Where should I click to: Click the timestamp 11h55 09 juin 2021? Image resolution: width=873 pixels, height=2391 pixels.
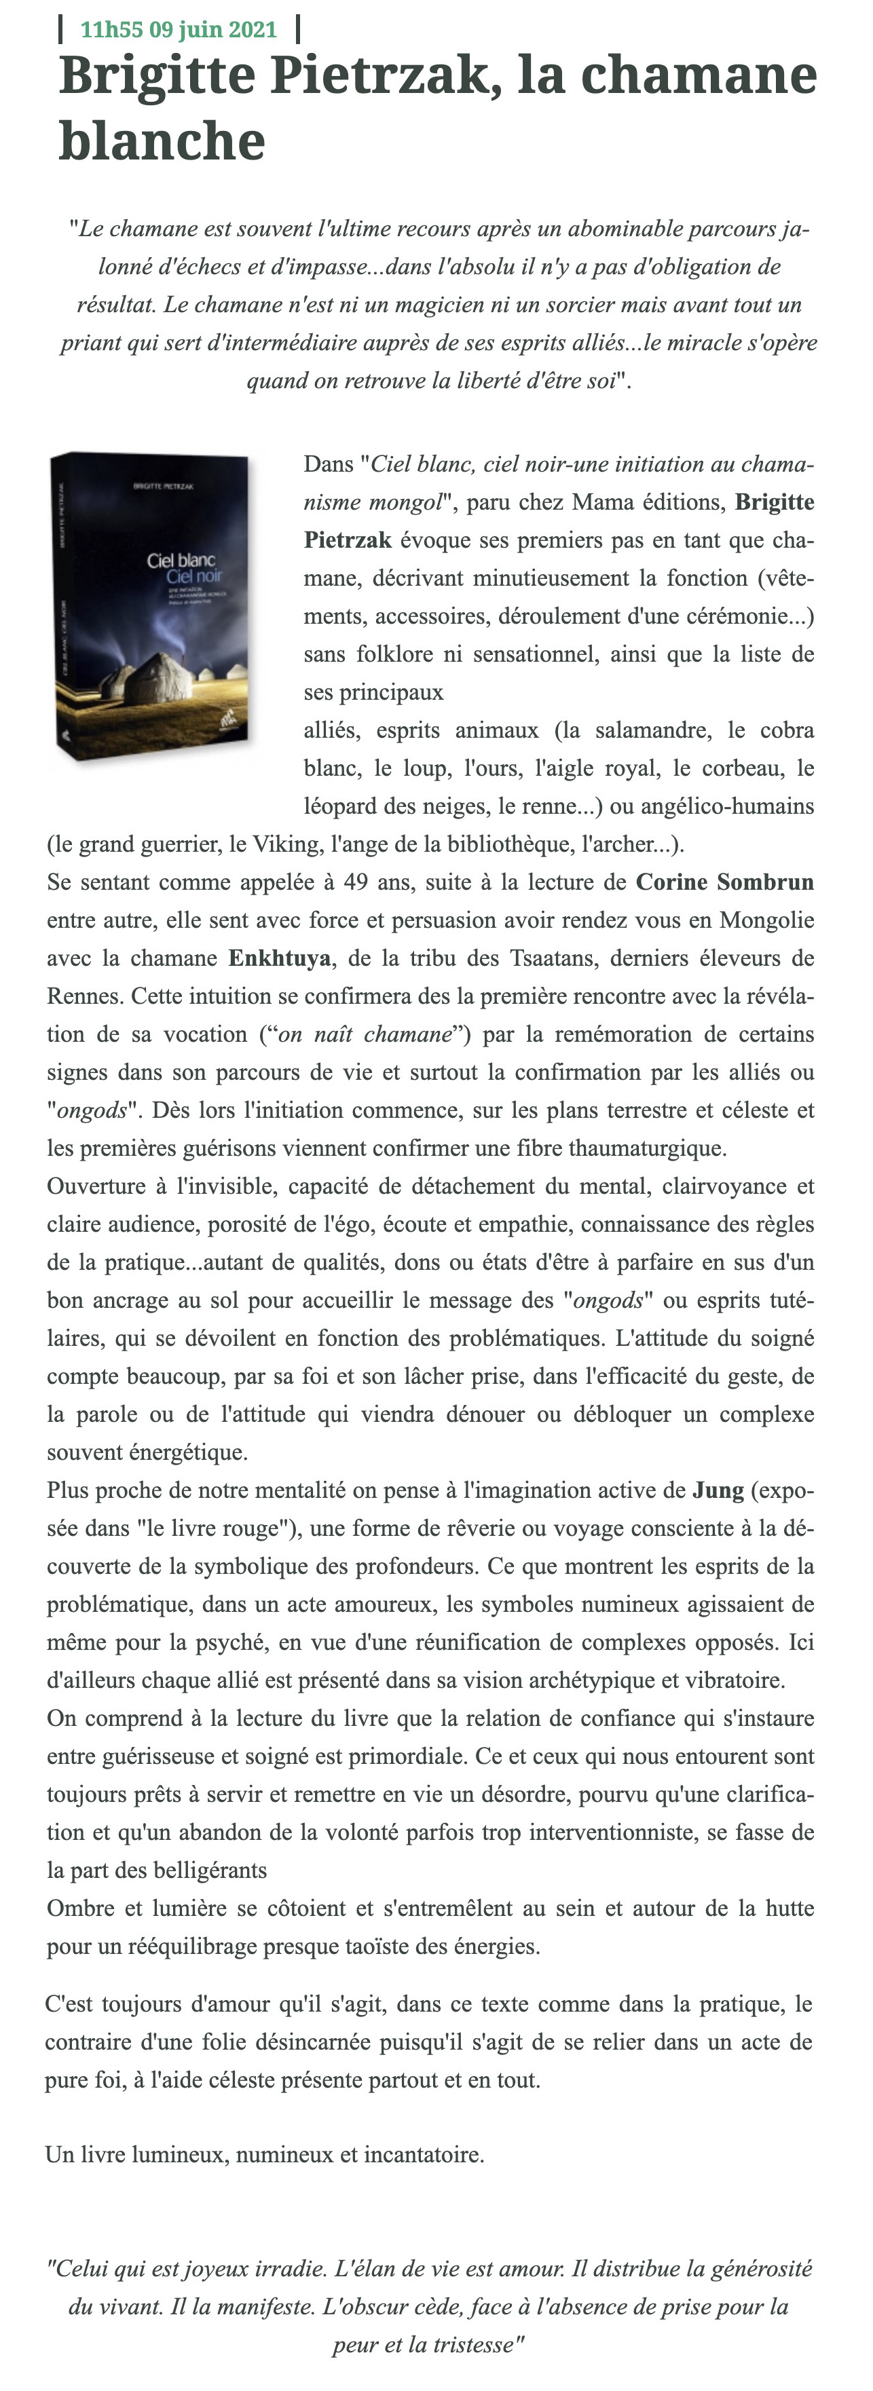(179, 30)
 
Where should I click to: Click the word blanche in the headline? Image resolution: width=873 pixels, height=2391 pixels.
(162, 141)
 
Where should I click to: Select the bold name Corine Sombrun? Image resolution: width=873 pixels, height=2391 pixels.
(724, 882)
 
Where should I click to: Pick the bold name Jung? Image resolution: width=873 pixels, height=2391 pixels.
(718, 1490)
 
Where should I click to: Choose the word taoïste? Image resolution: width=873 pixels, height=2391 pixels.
(422, 1946)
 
